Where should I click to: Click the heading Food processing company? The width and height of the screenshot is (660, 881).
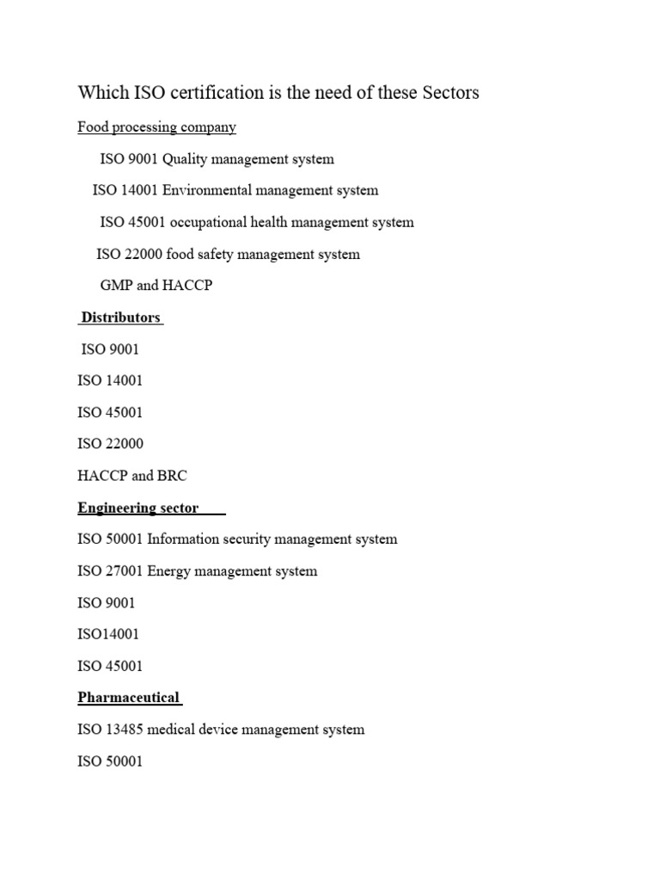[156, 127]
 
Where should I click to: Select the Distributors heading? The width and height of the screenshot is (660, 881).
[120, 317]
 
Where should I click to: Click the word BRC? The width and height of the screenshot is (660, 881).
[172, 476]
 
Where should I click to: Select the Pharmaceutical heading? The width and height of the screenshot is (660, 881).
[129, 698]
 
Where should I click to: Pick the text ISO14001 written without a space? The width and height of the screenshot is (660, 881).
[107, 634]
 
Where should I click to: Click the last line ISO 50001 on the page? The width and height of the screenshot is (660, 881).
[110, 761]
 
